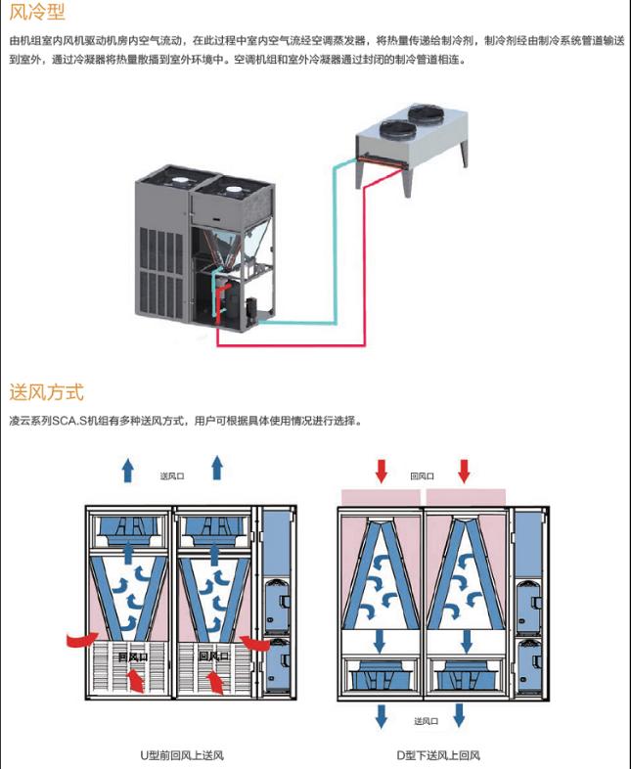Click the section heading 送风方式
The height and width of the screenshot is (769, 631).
[46, 392]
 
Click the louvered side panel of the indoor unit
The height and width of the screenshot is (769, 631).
[159, 256]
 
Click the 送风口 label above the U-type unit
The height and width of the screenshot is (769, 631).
[172, 476]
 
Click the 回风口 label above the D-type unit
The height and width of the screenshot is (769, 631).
[423, 476]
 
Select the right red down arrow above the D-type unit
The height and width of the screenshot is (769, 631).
[464, 469]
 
